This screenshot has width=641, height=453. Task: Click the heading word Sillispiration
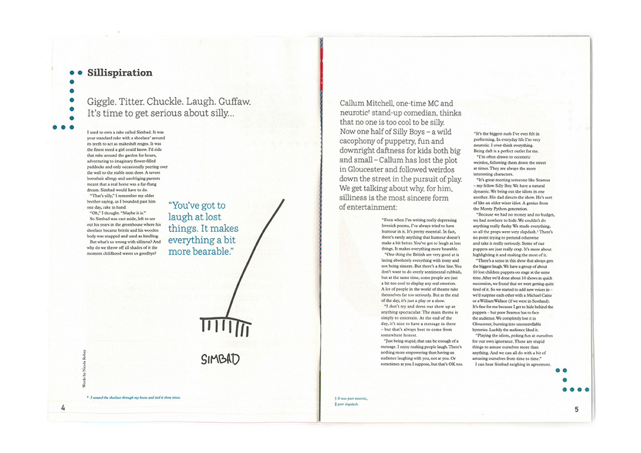pyautogui.click(x=120, y=73)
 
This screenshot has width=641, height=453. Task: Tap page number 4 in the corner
pyautogui.click(x=63, y=409)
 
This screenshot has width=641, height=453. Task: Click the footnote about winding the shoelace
pyautogui.click(x=135, y=398)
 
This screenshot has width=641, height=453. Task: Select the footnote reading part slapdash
pyautogui.click(x=349, y=405)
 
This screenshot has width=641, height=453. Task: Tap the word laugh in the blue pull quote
pyautogui.click(x=181, y=218)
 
